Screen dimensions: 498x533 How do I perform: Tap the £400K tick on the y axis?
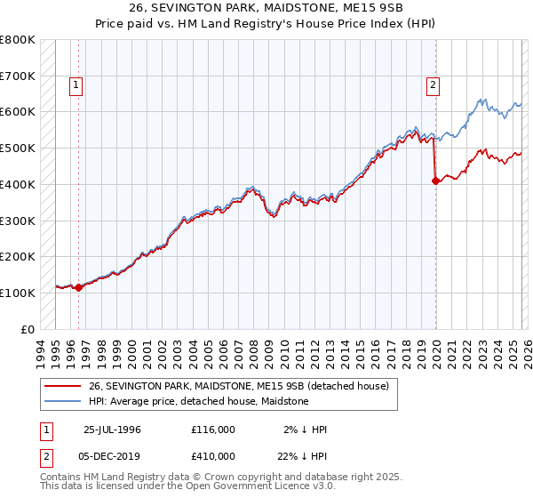coord(18,184)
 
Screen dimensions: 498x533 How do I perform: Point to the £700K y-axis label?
coord(18,76)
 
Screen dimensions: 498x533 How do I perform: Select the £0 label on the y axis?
coord(28,329)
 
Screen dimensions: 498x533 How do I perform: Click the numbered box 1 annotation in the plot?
coord(76,85)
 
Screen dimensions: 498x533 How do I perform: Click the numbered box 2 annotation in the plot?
coord(433,85)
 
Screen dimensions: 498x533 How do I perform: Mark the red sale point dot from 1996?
coord(78,287)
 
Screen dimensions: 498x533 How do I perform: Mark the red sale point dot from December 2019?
coord(435,181)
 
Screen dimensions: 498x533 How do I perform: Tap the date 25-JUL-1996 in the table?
coord(112,430)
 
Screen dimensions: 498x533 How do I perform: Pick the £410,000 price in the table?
coord(213,455)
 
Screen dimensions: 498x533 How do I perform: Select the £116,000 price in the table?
coord(213,430)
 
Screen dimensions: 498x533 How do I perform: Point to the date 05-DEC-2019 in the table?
coord(112,455)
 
